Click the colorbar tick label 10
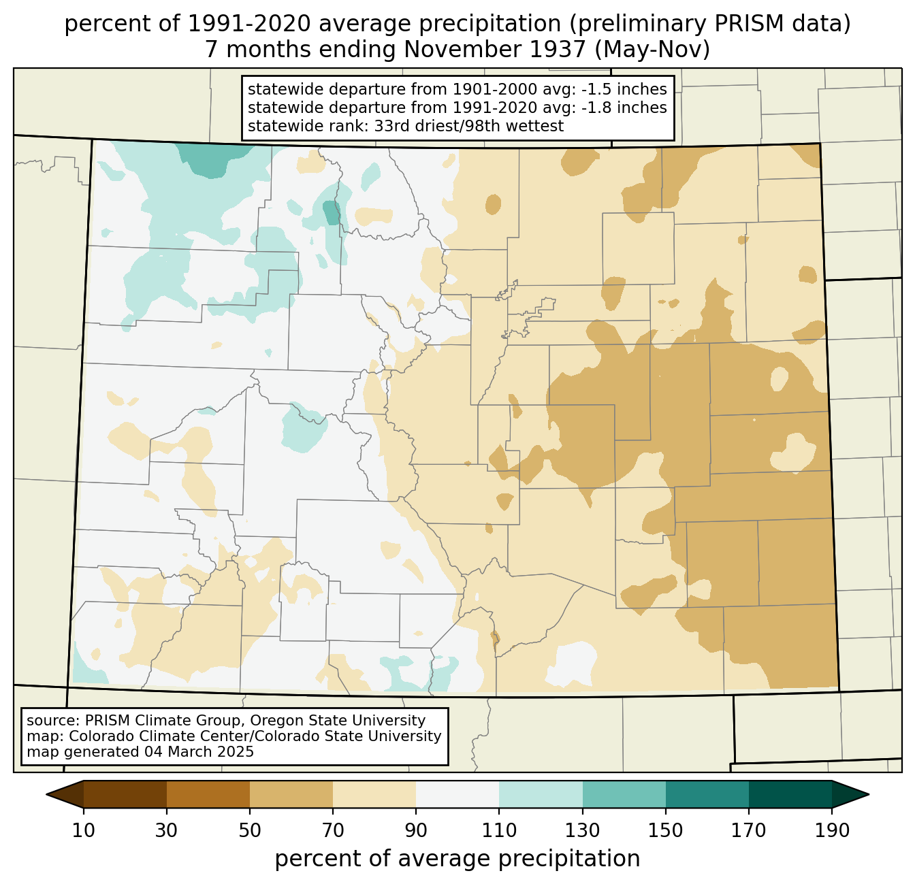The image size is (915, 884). [83, 831]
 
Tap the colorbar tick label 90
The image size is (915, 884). [416, 831]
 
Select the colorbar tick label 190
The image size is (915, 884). [832, 831]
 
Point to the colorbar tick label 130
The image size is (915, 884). [582, 831]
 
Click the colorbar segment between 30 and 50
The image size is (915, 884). [208, 794]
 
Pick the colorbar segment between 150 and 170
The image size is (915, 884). [707, 794]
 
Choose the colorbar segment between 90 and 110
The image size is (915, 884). [457, 794]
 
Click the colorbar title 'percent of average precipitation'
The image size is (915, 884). [457, 859]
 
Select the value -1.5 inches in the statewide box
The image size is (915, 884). [624, 89]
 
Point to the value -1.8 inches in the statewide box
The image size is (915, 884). [624, 108]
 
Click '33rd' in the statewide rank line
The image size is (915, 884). [388, 126]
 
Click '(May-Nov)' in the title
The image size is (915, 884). [652, 50]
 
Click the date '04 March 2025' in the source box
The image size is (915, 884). [199, 752]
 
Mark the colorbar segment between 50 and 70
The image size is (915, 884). [291, 794]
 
